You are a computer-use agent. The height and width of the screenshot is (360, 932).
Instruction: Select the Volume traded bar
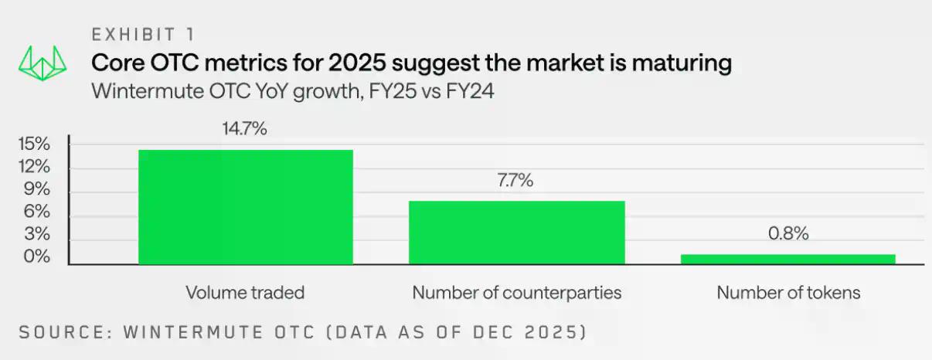tap(245, 206)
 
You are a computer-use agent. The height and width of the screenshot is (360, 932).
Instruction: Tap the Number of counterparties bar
tap(516, 233)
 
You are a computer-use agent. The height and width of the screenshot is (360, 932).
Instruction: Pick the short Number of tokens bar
tap(787, 260)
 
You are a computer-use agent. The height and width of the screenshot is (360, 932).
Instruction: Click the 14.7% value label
tap(245, 129)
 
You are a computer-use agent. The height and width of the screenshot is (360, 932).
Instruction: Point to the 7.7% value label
tap(516, 181)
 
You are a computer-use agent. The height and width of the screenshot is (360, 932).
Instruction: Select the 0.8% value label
tap(787, 233)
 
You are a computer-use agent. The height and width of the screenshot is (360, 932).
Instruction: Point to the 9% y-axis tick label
tap(36, 189)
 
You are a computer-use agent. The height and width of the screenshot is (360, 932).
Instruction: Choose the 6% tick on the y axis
tap(36, 212)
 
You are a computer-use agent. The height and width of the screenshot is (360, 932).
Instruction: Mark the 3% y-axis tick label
tap(36, 234)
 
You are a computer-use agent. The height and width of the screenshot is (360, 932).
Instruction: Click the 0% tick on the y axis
tap(36, 256)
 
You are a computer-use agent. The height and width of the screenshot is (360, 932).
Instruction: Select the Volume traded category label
tap(245, 293)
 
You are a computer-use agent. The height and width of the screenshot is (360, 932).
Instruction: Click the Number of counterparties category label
tap(516, 293)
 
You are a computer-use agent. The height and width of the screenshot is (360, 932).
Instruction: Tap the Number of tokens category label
tap(787, 293)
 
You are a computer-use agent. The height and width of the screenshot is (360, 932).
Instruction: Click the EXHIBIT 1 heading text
tap(143, 35)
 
